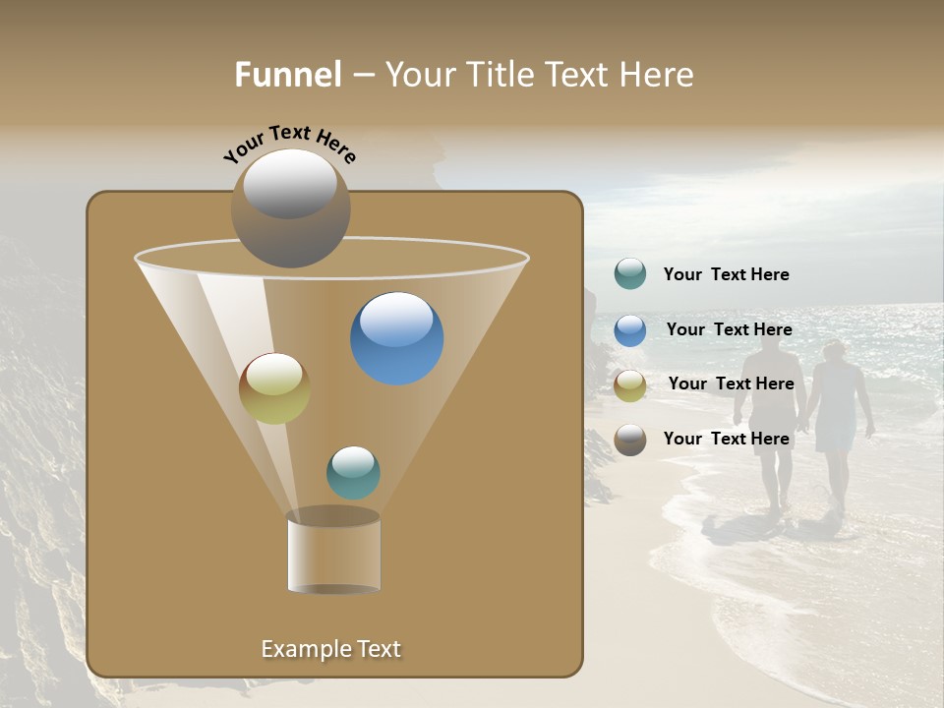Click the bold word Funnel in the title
point(287,74)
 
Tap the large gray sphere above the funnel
point(290,208)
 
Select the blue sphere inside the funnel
point(396,338)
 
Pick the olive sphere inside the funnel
point(274,388)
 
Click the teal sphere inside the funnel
point(353,472)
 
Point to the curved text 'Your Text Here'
point(290,144)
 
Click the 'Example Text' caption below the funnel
point(330,649)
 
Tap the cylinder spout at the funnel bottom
point(333,554)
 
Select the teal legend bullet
point(630,274)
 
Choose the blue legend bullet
point(630,330)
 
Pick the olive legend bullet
point(630,384)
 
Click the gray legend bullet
point(630,440)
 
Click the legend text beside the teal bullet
point(726,274)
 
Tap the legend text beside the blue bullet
point(729,329)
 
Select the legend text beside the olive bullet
point(731,383)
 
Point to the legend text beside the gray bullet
point(726,439)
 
